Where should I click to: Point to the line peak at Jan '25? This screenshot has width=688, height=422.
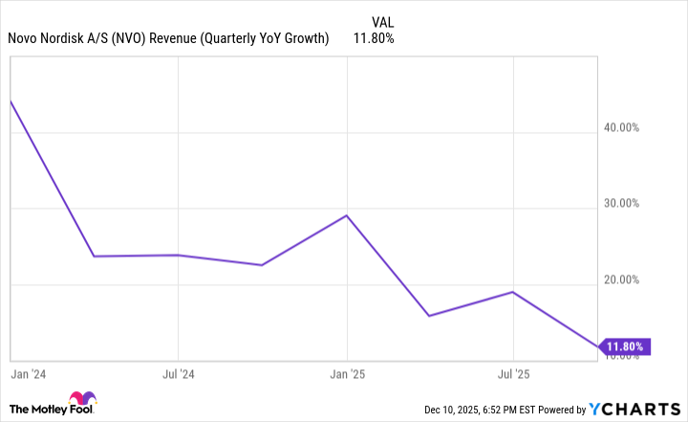[346, 215]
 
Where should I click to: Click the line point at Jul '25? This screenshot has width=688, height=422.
[514, 292]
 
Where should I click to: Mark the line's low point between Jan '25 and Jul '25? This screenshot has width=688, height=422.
[429, 316]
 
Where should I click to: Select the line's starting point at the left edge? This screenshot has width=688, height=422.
[10, 100]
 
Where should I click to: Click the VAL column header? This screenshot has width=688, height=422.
[381, 20]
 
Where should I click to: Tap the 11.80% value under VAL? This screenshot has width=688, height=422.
[374, 38]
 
